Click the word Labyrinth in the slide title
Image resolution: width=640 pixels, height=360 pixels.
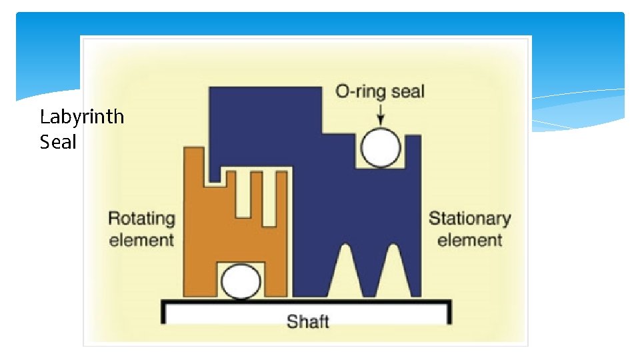pyautogui.click(x=81, y=117)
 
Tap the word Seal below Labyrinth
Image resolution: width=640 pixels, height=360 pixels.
pyautogui.click(x=58, y=141)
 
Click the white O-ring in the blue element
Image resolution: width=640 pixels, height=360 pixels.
pyautogui.click(x=381, y=148)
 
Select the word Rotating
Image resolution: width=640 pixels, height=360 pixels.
pyautogui.click(x=141, y=219)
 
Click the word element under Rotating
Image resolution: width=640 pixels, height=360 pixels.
pyautogui.click(x=141, y=240)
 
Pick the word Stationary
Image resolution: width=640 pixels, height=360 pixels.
pyautogui.click(x=469, y=219)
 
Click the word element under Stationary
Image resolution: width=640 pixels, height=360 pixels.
pyautogui.click(x=469, y=240)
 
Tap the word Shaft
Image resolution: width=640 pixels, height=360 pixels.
pyautogui.click(x=307, y=321)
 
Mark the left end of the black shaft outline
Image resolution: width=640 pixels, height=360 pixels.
pyautogui.click(x=163, y=311)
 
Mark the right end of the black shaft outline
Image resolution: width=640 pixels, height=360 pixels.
pyautogui.click(x=450, y=311)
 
